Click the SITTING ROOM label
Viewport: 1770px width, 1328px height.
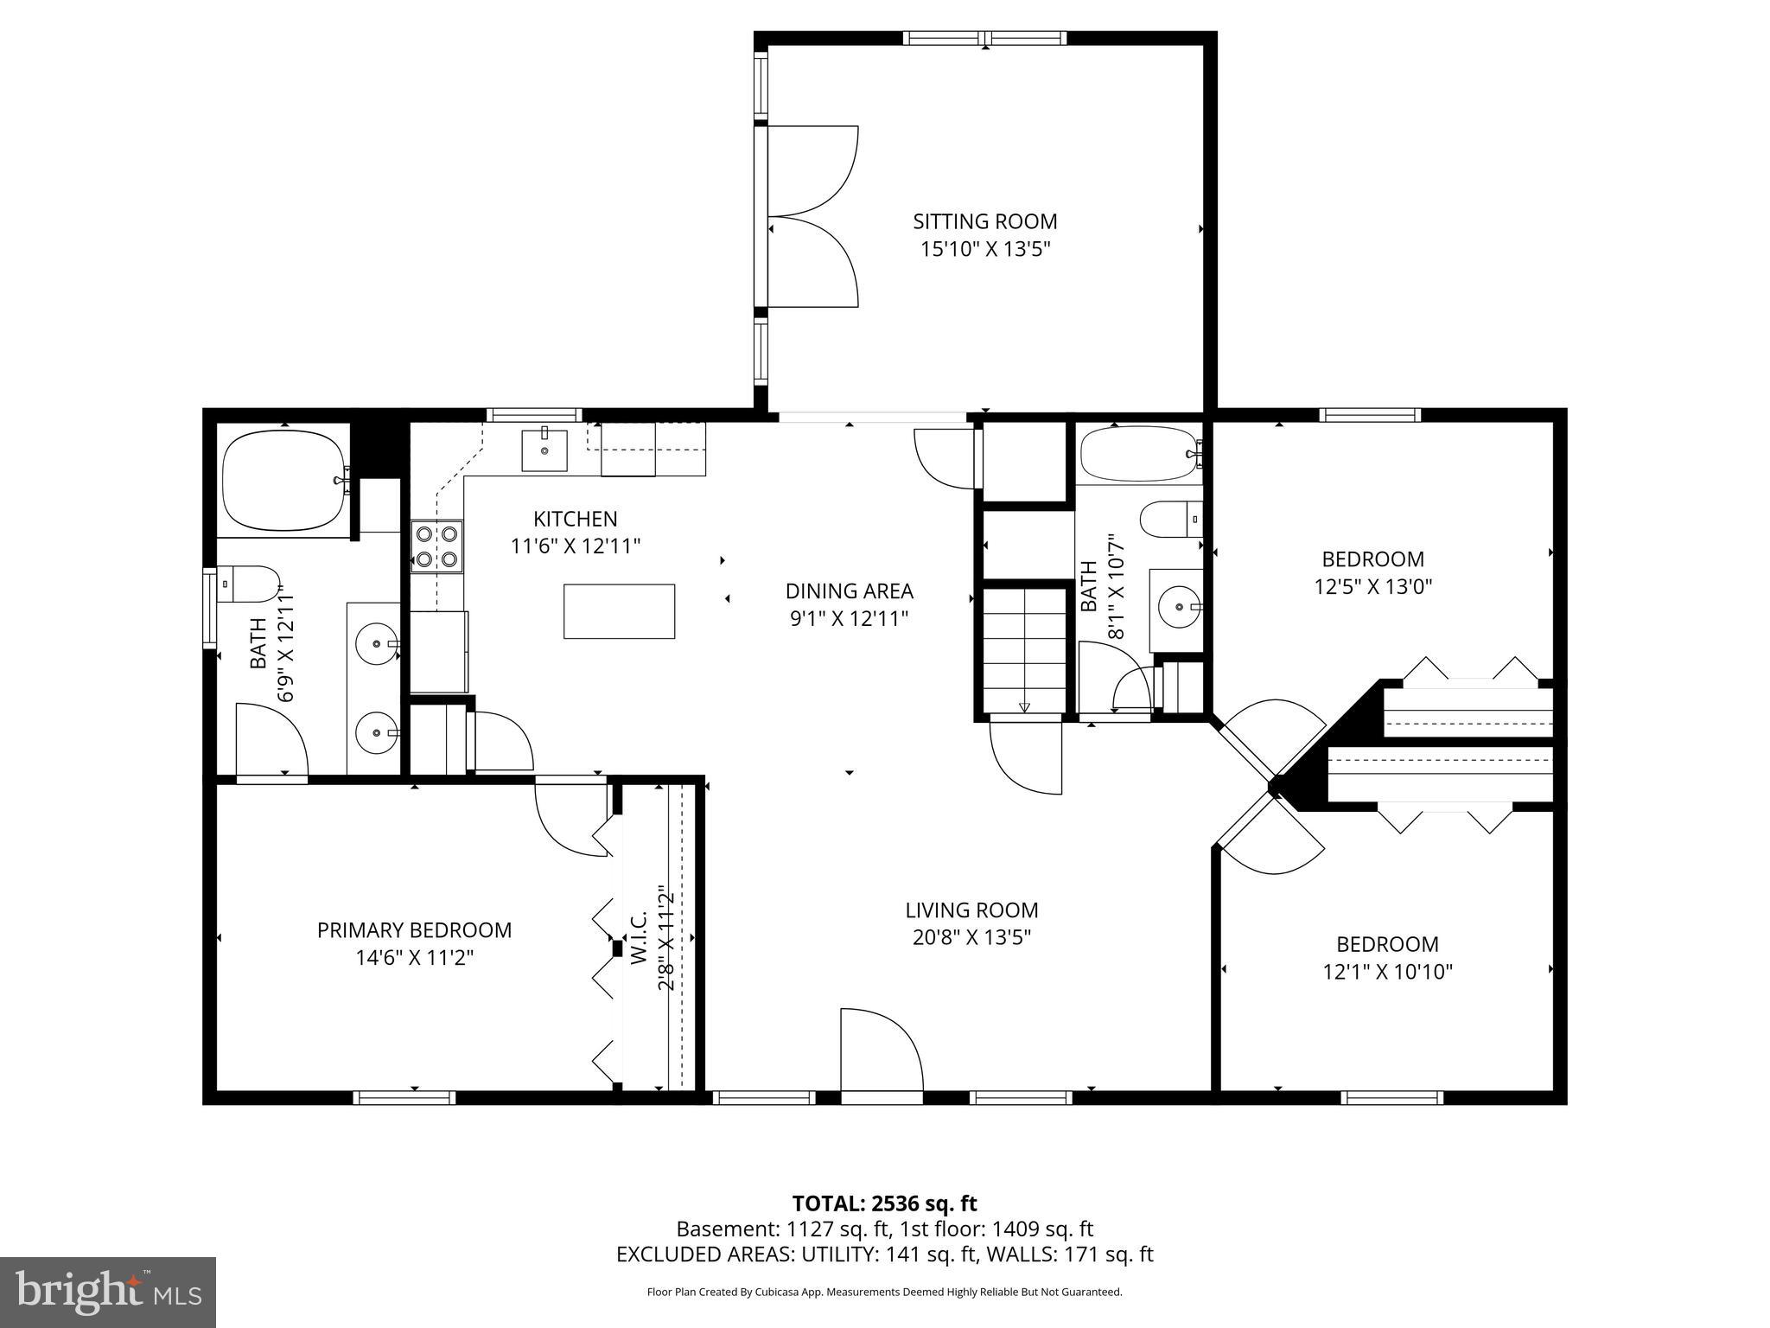click(x=984, y=221)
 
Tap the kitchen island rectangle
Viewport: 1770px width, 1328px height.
click(x=619, y=611)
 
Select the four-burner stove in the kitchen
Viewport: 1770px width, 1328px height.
click(x=436, y=546)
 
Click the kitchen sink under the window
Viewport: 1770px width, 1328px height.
click(x=544, y=450)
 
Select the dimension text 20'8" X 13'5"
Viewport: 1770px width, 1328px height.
click(x=971, y=937)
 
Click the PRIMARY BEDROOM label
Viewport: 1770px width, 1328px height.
click(x=414, y=930)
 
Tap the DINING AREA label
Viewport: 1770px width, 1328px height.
click(x=849, y=591)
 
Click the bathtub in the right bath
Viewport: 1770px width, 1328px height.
click(x=1139, y=454)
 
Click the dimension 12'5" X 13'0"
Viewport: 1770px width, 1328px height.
click(x=1372, y=586)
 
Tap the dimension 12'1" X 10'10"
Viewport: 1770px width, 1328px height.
click(x=1387, y=972)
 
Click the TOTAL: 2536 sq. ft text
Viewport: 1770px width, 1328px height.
click(x=884, y=1203)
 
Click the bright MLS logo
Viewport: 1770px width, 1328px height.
click(x=107, y=1292)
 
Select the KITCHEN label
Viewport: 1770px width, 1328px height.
click(x=575, y=519)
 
